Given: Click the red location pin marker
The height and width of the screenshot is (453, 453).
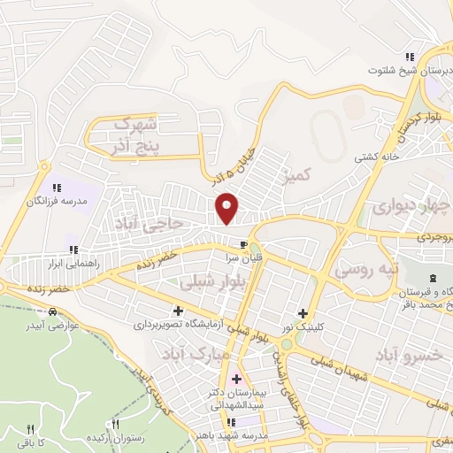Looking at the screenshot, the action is click(227, 208).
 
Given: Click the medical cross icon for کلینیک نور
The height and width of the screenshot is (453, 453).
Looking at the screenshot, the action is click(303, 312).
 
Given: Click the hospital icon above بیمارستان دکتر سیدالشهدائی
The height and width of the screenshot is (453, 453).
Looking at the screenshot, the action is click(234, 380).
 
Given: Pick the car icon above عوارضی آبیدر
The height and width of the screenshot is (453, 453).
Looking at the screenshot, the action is click(54, 312).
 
